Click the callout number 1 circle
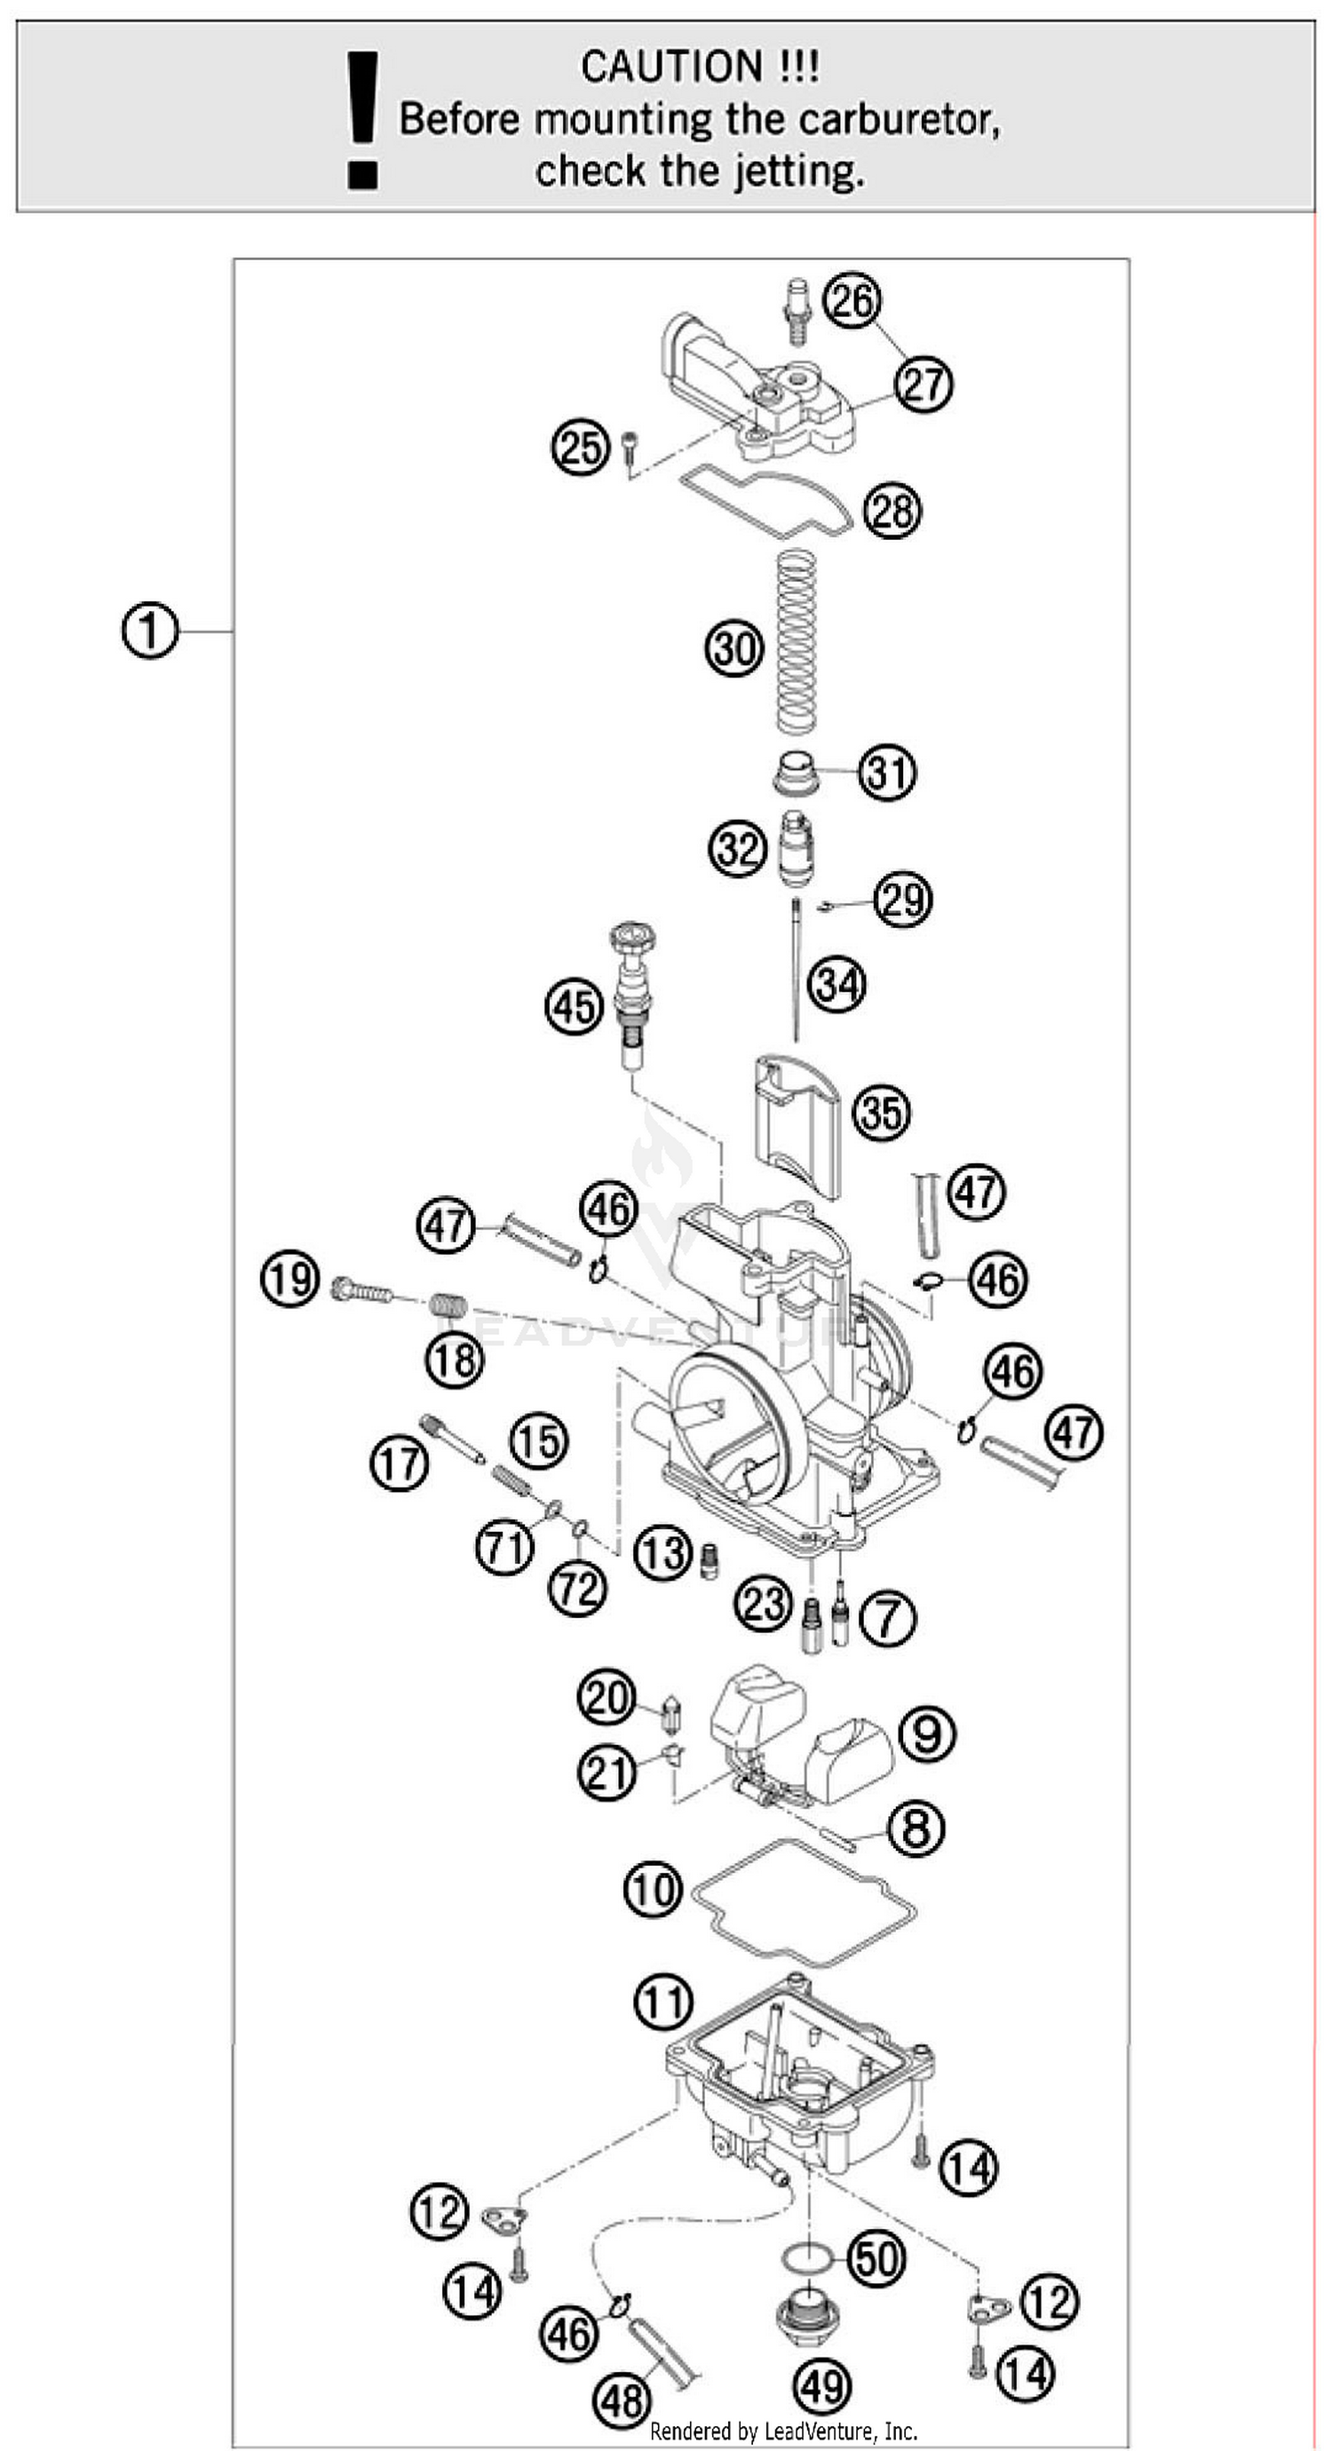[150, 631]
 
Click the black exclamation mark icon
[361, 120]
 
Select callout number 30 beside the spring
[734, 649]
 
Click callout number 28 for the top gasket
[892, 511]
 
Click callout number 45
[574, 1007]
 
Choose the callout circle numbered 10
[654, 1890]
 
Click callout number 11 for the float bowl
[663, 2003]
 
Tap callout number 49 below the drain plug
[821, 2386]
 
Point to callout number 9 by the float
[927, 1733]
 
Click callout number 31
[887, 772]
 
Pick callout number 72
[577, 1588]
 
